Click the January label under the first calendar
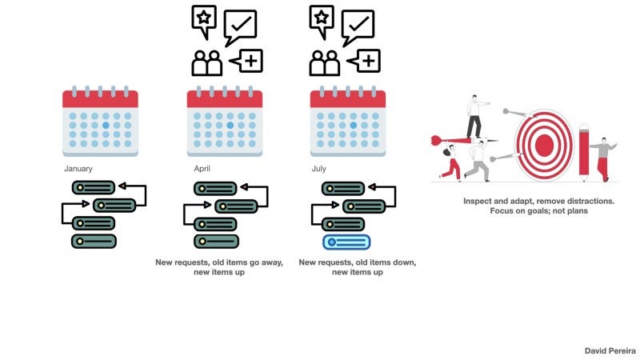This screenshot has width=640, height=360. click(x=78, y=169)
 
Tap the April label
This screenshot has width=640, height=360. click(x=201, y=169)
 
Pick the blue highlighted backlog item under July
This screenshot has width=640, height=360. click(x=346, y=242)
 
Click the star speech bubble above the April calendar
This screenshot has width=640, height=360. click(x=204, y=19)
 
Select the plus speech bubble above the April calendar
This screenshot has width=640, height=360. click(x=247, y=61)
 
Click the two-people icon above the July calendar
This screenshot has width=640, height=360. click(x=324, y=63)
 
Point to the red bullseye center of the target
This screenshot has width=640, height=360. click(x=544, y=145)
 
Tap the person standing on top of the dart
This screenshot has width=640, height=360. click(x=474, y=116)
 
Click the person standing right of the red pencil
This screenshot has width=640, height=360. click(x=602, y=158)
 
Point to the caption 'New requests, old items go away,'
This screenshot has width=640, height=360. click(x=218, y=262)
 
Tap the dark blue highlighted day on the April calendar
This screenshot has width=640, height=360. click(x=230, y=126)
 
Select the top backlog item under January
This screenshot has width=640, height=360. click(x=94, y=188)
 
